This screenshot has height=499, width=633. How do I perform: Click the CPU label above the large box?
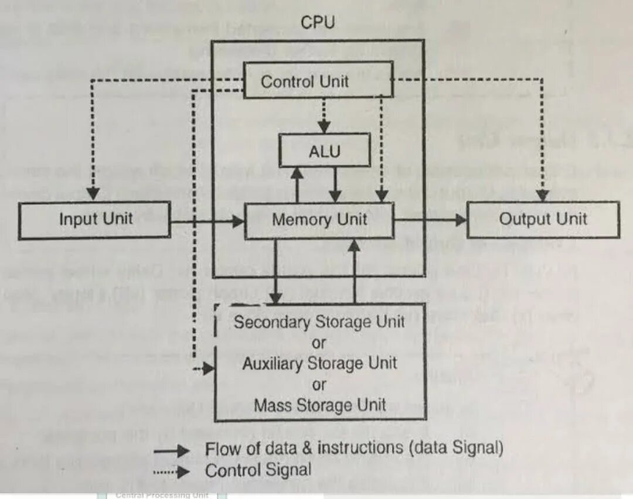point(318,23)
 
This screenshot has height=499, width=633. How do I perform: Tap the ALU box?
point(325,151)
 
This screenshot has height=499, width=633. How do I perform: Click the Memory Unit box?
point(319,220)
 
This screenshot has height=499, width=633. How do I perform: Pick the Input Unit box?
point(95,220)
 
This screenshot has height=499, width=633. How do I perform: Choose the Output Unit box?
point(543,220)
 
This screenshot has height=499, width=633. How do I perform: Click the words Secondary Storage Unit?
point(319,322)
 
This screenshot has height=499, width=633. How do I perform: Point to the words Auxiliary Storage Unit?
point(319,363)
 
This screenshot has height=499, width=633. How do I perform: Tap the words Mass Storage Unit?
point(319,405)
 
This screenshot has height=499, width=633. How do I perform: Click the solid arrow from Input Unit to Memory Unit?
point(207,221)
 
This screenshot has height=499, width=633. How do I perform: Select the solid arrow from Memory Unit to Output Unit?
point(431,220)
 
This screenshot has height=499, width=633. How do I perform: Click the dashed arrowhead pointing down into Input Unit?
point(92,194)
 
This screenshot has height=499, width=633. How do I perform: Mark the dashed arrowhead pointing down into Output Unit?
point(542,194)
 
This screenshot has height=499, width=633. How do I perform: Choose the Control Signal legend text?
point(258,470)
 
